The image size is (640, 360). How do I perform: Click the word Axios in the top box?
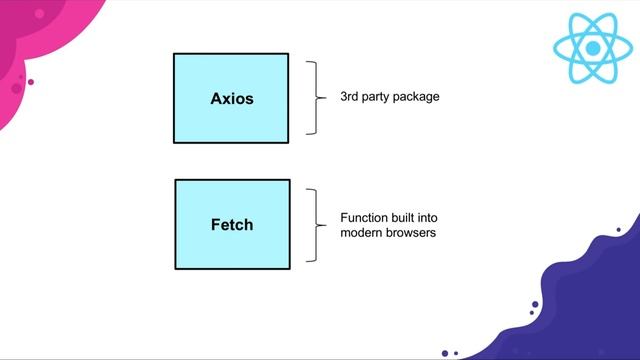pyautogui.click(x=231, y=99)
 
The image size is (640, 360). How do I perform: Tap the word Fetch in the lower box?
pyautogui.click(x=231, y=225)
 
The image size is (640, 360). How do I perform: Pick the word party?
pyautogui.click(x=383, y=97)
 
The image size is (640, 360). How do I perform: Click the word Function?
pyautogui.click(x=363, y=218)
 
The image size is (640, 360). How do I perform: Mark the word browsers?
pyautogui.click(x=412, y=233)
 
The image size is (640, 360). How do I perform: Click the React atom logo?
pyautogui.click(x=593, y=48)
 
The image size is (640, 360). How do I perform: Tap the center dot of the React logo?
pyautogui.click(x=593, y=48)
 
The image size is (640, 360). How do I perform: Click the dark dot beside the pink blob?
pyautogui.click(x=31, y=82)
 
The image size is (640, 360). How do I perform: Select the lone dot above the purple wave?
pyautogui.click(x=618, y=230)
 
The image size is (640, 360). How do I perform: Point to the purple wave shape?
pyautogui.click(x=590, y=310)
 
